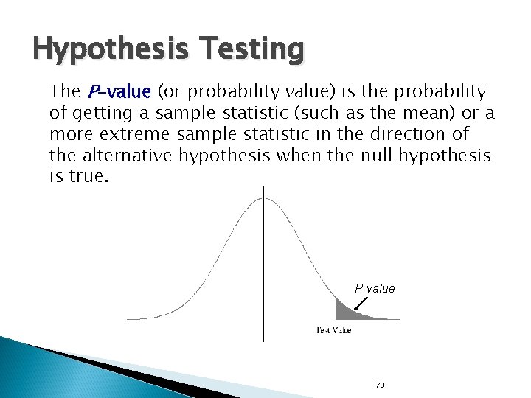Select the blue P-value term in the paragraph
(119, 91)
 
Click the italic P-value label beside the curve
(375, 288)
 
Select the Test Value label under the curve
(333, 329)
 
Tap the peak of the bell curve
(265, 197)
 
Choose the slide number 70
(381, 385)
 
